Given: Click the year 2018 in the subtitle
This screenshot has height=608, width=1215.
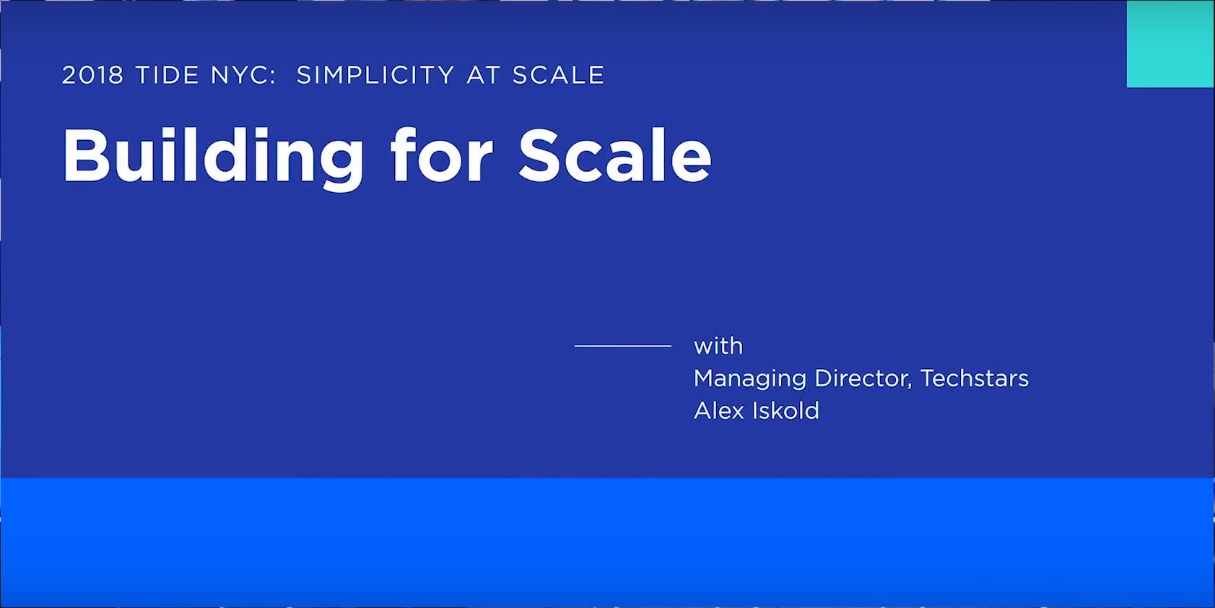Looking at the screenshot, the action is pyautogui.click(x=92, y=75).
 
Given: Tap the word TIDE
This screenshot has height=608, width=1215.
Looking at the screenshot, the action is pyautogui.click(x=167, y=75).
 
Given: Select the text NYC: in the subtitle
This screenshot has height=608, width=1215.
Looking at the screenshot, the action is pyautogui.click(x=243, y=75).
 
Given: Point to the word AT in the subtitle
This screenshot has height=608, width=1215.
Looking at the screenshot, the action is pyautogui.click(x=483, y=75).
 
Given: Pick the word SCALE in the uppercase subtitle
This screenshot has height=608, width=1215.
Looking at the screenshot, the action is pyautogui.click(x=558, y=75).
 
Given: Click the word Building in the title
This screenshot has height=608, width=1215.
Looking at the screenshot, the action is pyautogui.click(x=213, y=159).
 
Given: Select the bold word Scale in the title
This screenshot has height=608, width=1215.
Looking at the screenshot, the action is pyautogui.click(x=615, y=155).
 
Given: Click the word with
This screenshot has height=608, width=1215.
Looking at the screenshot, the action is pyautogui.click(x=718, y=346).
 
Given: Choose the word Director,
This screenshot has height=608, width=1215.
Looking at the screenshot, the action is pyautogui.click(x=863, y=378).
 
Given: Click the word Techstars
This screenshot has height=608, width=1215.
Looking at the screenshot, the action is pyautogui.click(x=974, y=378).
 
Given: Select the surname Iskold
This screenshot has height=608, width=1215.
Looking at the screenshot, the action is pyautogui.click(x=785, y=411).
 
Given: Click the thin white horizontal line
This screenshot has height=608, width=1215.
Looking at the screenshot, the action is pyautogui.click(x=623, y=345).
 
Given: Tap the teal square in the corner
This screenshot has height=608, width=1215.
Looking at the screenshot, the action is pyautogui.click(x=1170, y=44).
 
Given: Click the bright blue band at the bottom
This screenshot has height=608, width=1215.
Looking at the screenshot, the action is pyautogui.click(x=608, y=542).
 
